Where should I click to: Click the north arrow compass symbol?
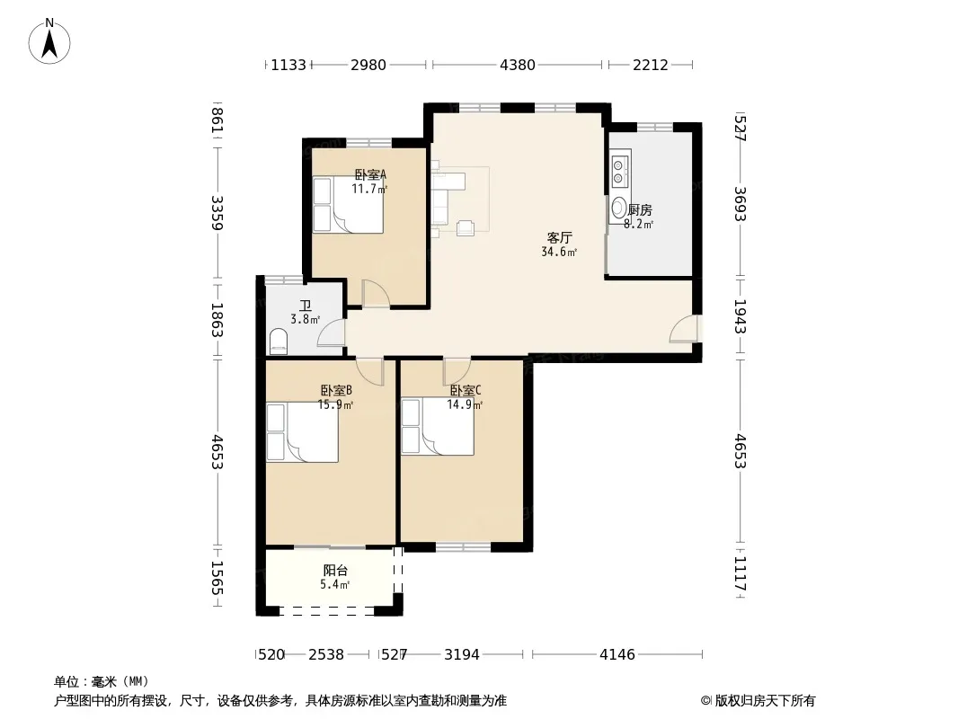[49, 40]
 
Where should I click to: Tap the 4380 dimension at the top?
[518, 65]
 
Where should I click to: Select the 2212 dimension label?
[650, 65]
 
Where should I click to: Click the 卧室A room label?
[370, 174]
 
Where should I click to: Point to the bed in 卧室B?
[302, 432]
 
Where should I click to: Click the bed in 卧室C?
[438, 426]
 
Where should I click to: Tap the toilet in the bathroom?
[278, 342]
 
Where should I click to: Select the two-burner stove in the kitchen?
[619, 171]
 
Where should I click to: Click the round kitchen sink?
[618, 208]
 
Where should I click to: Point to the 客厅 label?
[559, 237]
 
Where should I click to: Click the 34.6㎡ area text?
[559, 252]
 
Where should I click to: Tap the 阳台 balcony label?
[335, 571]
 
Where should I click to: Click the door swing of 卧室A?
[376, 293]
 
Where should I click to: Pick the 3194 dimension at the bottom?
[462, 655]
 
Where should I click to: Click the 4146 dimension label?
[617, 655]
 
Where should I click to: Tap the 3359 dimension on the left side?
[217, 213]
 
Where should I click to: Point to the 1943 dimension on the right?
[740, 316]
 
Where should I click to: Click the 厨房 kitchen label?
[640, 210]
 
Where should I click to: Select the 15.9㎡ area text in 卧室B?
[335, 404]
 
